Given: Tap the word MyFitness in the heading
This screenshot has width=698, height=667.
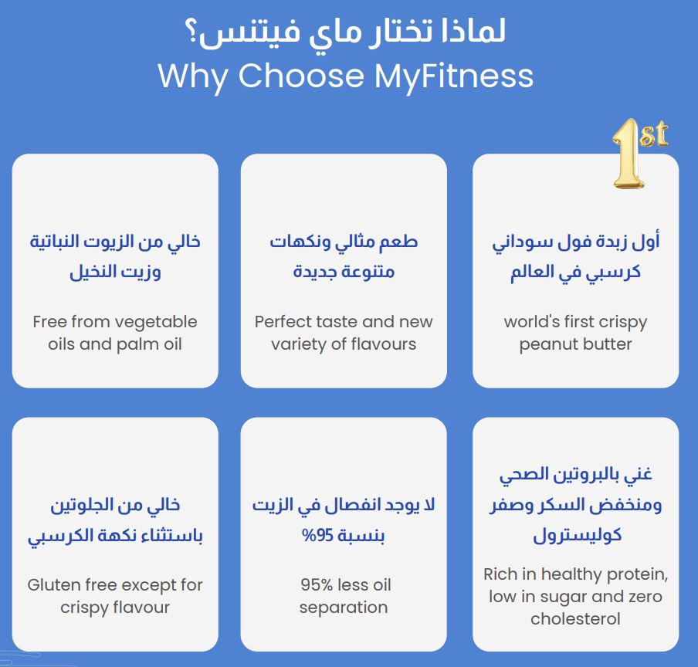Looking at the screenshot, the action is pos(453,76).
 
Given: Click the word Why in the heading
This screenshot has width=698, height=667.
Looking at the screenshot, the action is pos(193,76).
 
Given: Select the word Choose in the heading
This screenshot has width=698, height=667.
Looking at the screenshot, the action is pos(301,75).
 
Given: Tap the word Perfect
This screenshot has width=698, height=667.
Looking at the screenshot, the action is pos(280,322).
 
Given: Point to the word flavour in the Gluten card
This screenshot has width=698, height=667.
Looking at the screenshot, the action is pos(141,607).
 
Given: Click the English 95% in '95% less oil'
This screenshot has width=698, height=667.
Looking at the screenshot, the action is pos(317,584).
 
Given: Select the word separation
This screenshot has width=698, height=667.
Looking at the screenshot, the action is pos(344,608).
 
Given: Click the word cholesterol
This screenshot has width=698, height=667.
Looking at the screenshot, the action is pos(575,618).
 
